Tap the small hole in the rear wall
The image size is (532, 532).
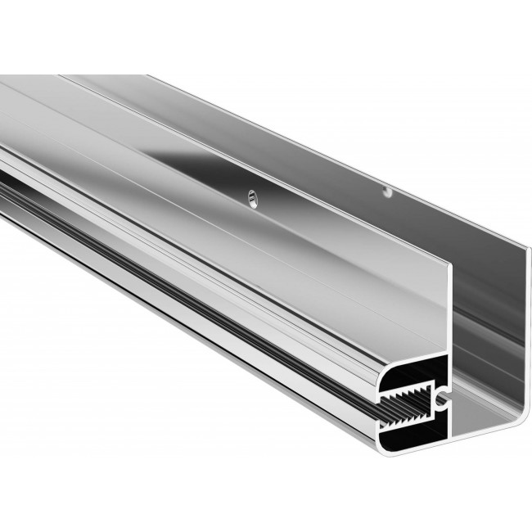388,192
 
